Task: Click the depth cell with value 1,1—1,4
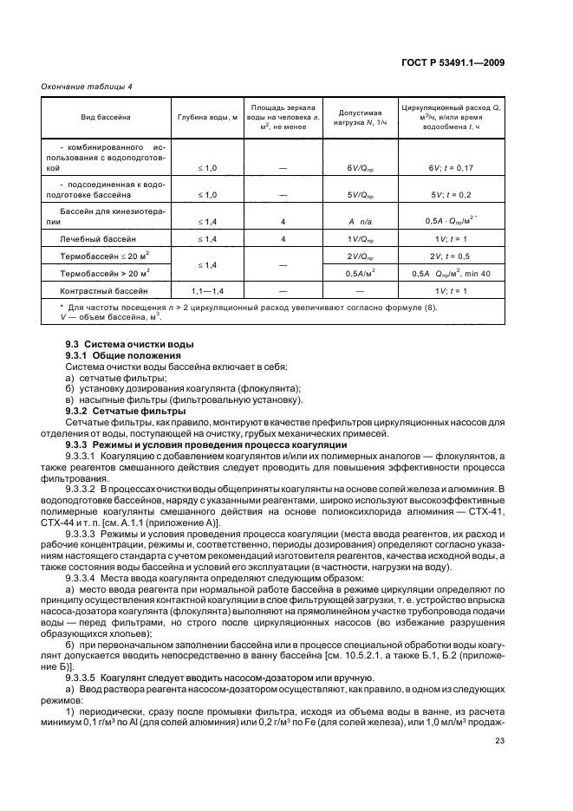[207, 291]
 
